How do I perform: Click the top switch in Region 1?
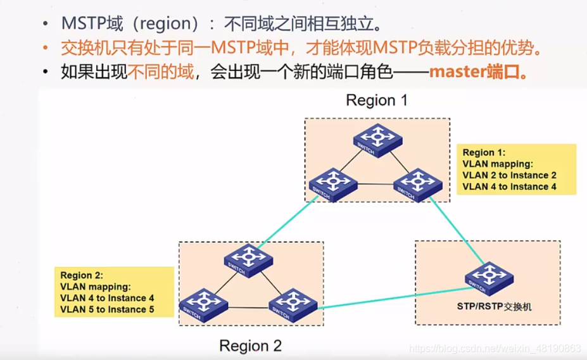(x=378, y=140)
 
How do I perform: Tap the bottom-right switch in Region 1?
(x=417, y=184)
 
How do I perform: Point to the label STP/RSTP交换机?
(x=495, y=307)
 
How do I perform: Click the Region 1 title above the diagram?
(x=377, y=100)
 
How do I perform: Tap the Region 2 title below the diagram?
(x=250, y=346)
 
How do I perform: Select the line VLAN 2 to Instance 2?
(x=510, y=175)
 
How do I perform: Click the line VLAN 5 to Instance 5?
(x=107, y=309)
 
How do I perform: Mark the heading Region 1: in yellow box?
(x=484, y=152)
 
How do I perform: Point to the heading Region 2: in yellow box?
(x=82, y=275)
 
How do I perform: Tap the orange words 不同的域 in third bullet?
(x=161, y=71)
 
